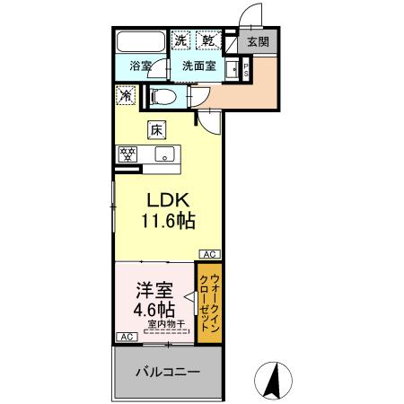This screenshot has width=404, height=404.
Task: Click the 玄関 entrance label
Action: tap(259, 41)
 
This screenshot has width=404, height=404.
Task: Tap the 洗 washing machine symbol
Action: tap(181, 40)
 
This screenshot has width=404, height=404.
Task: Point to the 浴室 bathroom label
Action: tap(140, 66)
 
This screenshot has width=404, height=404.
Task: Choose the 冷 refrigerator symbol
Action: tap(124, 92)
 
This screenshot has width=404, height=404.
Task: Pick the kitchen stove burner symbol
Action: tap(127, 154)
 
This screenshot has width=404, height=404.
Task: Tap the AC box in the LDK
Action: tap(207, 254)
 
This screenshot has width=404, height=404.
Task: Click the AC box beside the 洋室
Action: tap(126, 338)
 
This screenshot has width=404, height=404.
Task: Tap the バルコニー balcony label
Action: tap(168, 372)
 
